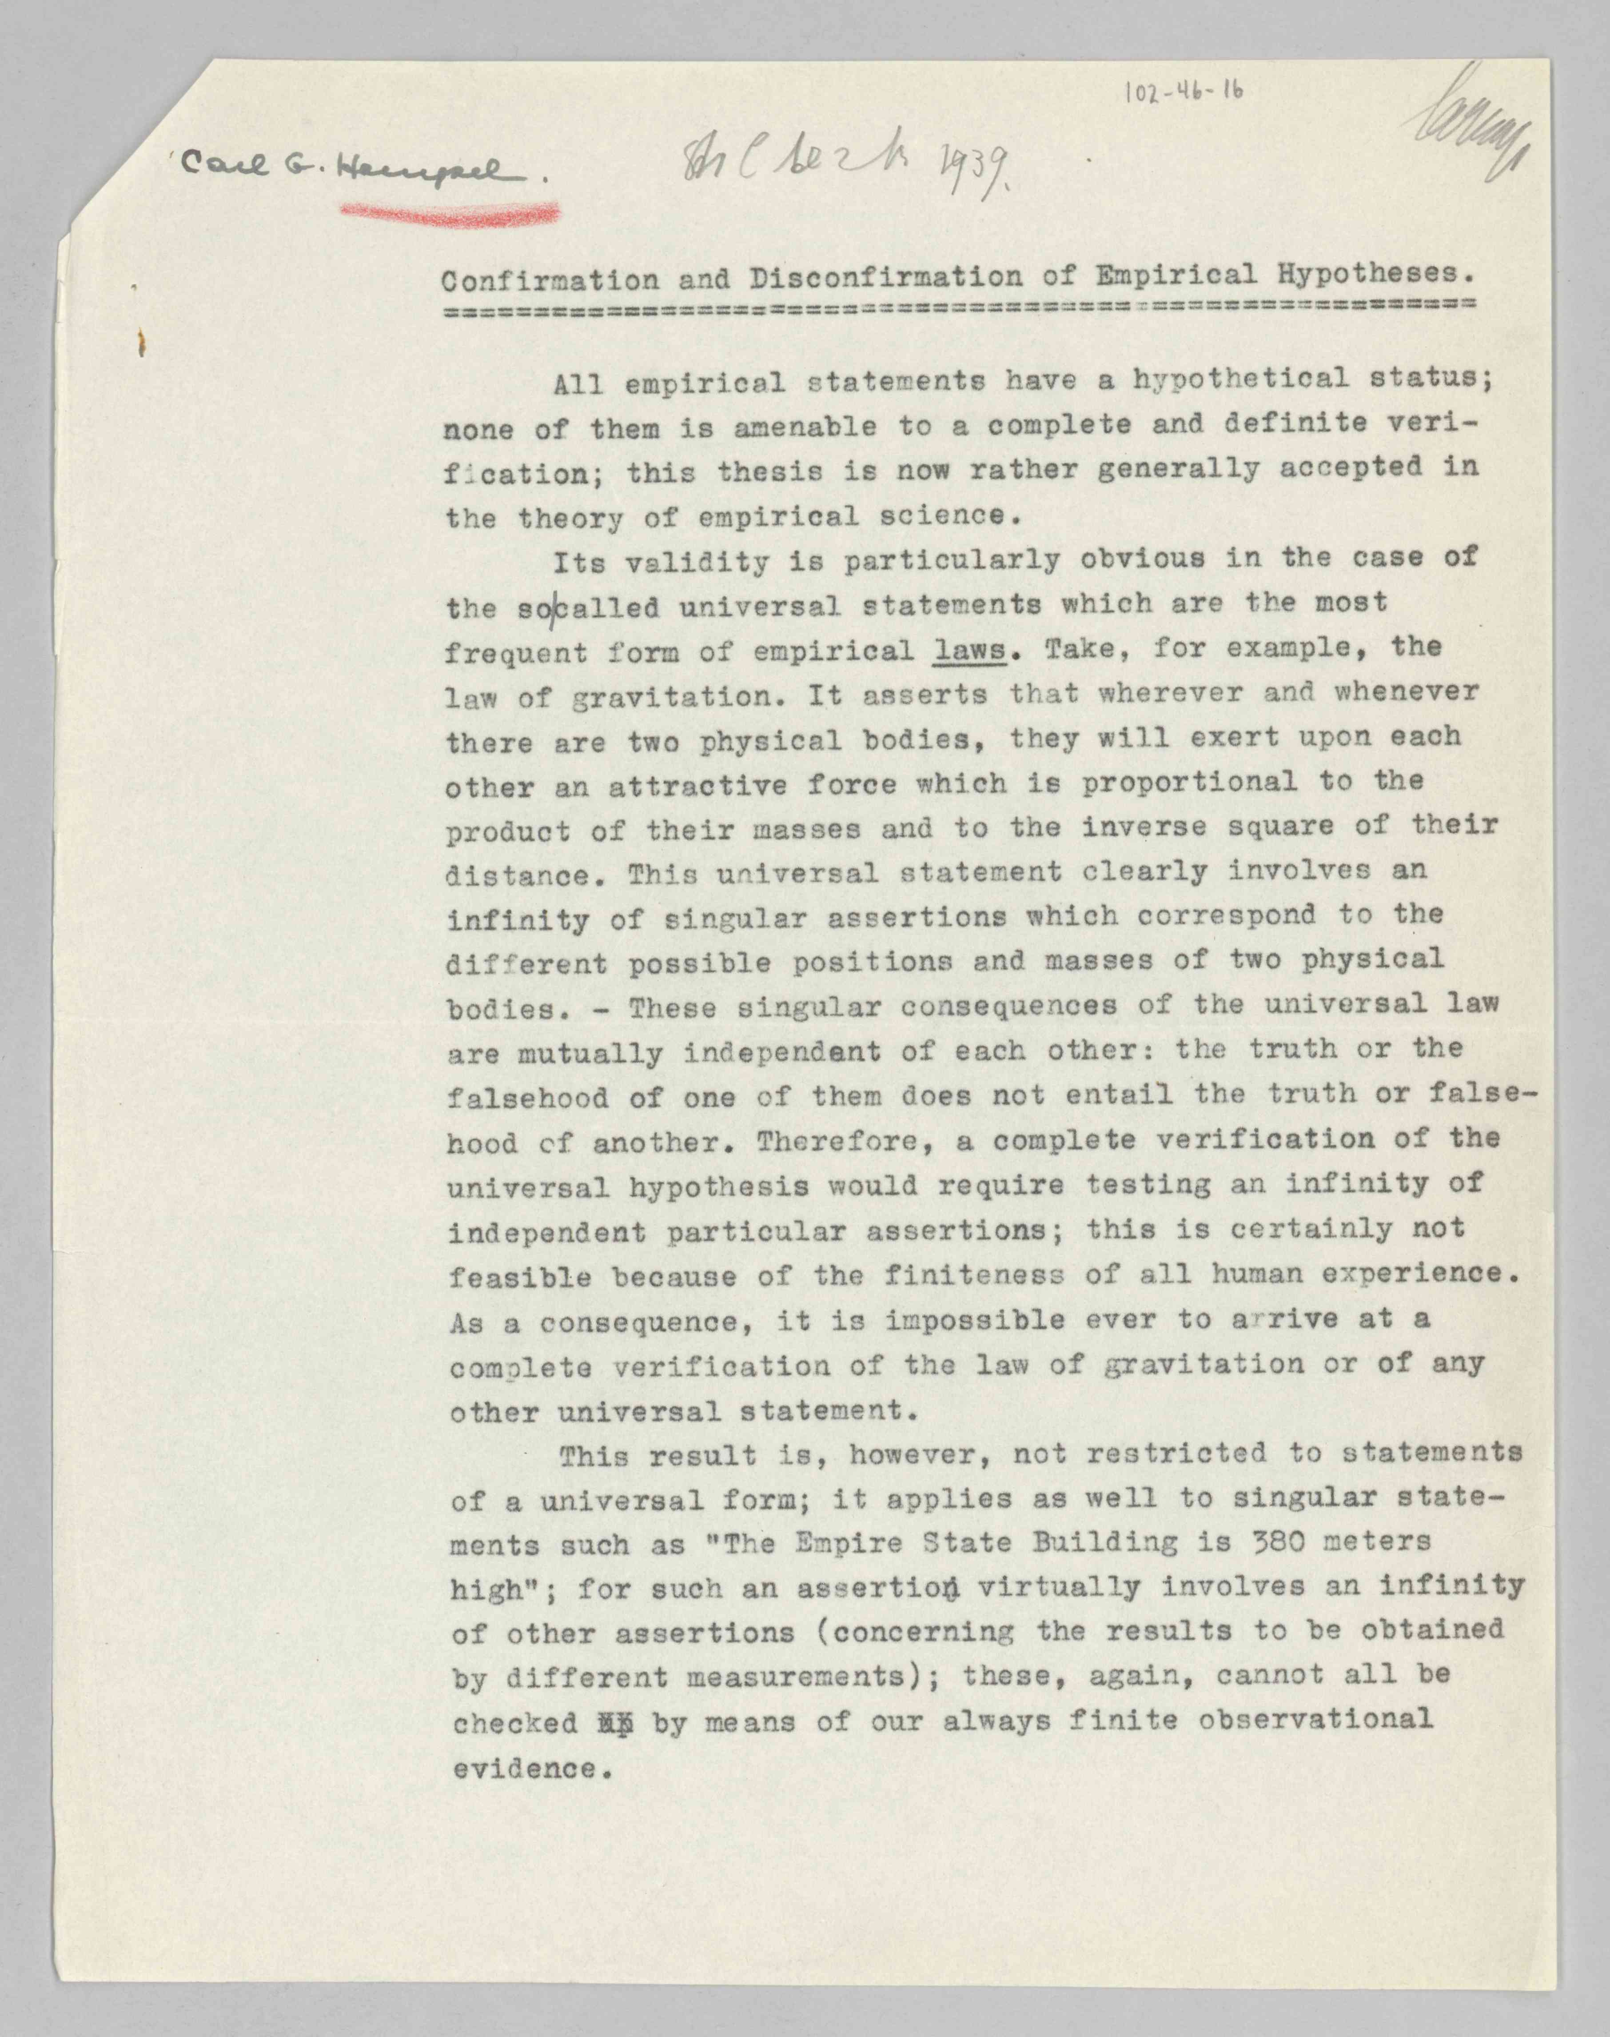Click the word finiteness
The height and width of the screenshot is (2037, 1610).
point(974,1276)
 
